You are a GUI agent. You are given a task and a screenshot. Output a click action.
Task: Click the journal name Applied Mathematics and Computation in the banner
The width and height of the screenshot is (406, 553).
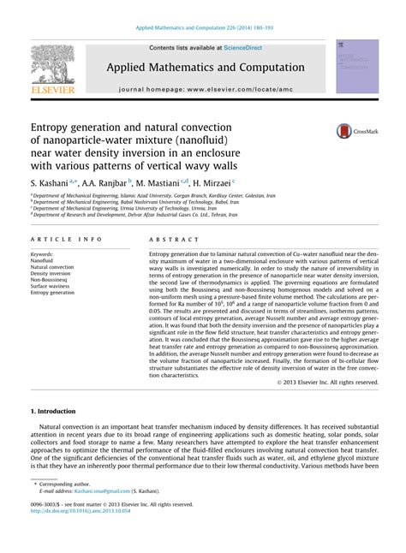pyautogui.click(x=203, y=66)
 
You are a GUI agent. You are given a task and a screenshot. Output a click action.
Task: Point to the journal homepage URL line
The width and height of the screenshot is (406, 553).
pyautogui.click(x=203, y=88)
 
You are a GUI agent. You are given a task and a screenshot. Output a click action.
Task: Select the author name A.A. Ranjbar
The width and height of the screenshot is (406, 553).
pyautogui.click(x=102, y=182)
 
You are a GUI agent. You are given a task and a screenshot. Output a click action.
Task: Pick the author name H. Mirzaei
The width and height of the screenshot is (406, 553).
pyautogui.click(x=211, y=182)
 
